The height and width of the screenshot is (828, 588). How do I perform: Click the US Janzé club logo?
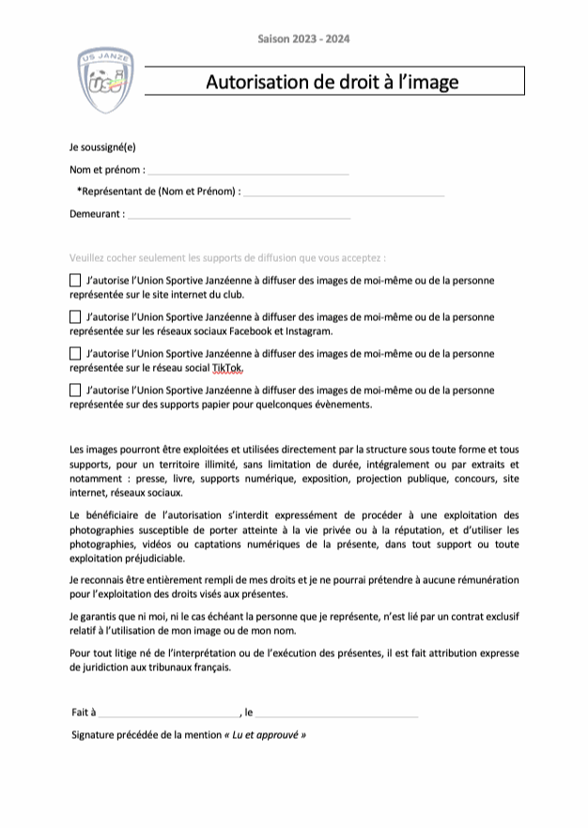coord(105,81)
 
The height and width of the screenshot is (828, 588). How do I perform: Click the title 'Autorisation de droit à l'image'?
coord(333,82)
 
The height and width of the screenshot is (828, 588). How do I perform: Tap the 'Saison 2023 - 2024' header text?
coord(303,38)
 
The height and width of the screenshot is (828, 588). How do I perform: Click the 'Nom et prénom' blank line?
coord(248,171)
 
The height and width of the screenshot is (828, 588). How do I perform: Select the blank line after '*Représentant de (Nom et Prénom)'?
coord(343,192)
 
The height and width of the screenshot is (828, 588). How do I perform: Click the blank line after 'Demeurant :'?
coord(239,215)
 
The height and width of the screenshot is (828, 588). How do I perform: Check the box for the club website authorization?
coord(75,281)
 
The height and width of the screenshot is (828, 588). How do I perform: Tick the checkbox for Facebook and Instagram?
coord(75,317)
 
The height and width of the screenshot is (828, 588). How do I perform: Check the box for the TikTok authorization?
coord(75,354)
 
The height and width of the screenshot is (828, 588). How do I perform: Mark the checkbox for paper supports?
coord(75,391)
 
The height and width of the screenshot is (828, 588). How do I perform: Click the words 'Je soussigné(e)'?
coord(102,148)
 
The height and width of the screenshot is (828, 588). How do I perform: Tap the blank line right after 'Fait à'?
coord(169,713)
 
